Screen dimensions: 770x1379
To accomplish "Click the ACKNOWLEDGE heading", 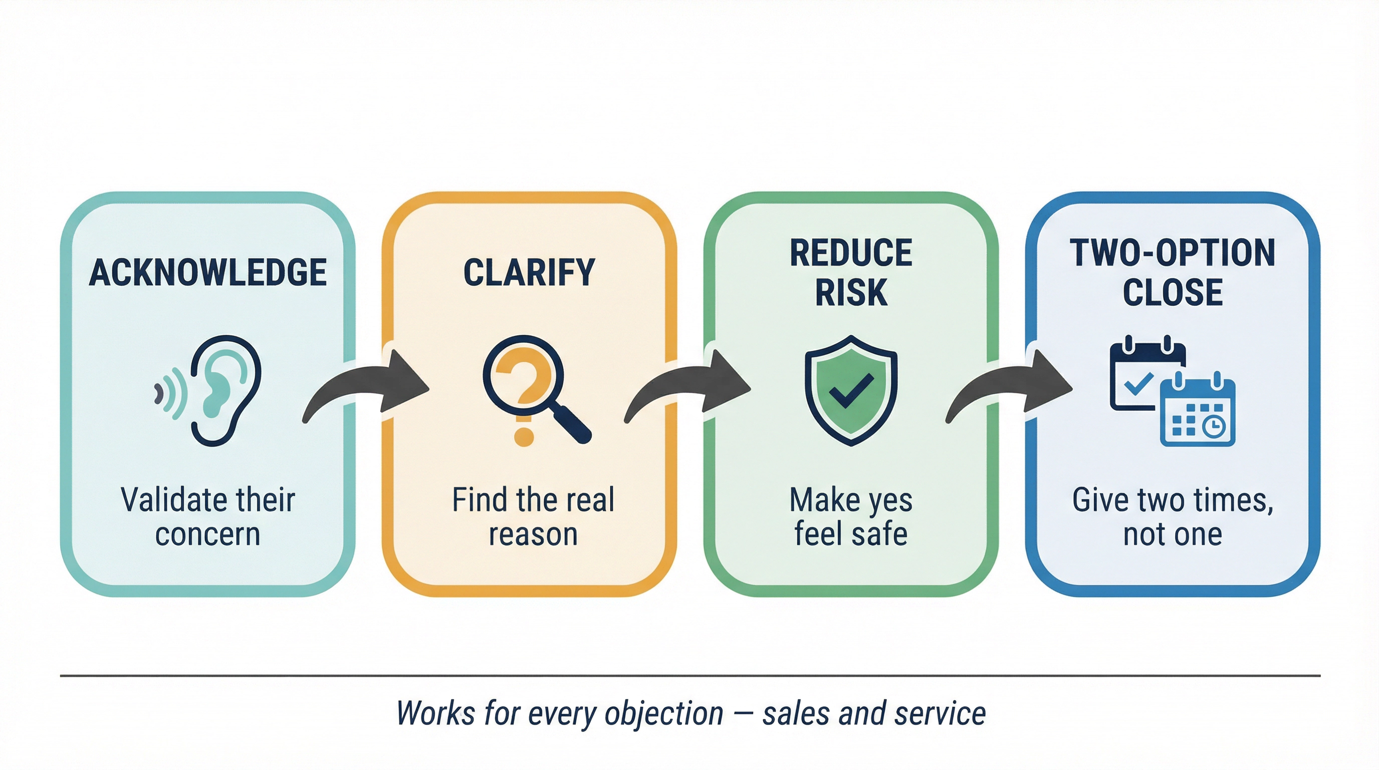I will [208, 273].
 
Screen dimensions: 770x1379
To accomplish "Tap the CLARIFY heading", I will [529, 273].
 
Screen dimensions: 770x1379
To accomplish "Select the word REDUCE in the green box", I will [851, 253].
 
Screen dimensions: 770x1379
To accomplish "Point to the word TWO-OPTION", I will [1173, 253].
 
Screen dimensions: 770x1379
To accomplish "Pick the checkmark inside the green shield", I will [851, 391].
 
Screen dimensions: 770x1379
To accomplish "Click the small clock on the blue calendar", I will [1214, 426].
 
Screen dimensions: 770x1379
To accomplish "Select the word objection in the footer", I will [664, 714].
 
